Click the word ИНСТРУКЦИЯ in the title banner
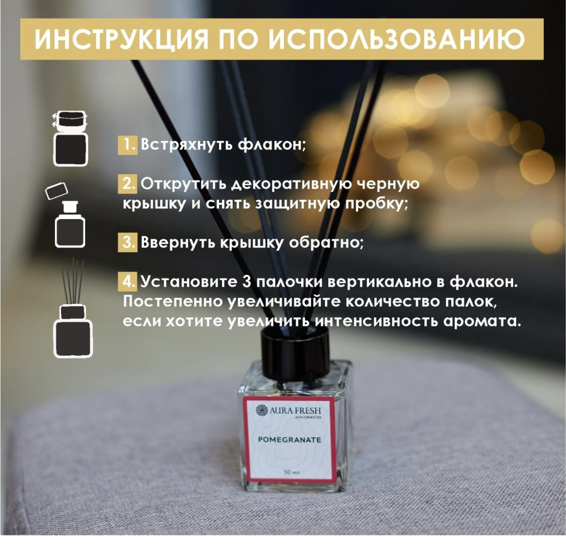coord(122,39)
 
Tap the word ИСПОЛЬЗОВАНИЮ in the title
coord(396,39)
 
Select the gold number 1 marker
coord(127,145)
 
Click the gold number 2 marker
coord(127,184)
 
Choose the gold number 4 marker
coord(127,281)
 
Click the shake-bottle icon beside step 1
coord(70,139)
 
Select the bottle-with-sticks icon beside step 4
coord(73,308)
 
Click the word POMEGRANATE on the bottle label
coord(290,440)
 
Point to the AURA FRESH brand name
coord(295,411)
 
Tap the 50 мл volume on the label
coord(292,472)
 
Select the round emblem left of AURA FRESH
coord(262,411)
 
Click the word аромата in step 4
coord(482,321)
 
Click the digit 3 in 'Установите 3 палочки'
coord(247,282)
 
